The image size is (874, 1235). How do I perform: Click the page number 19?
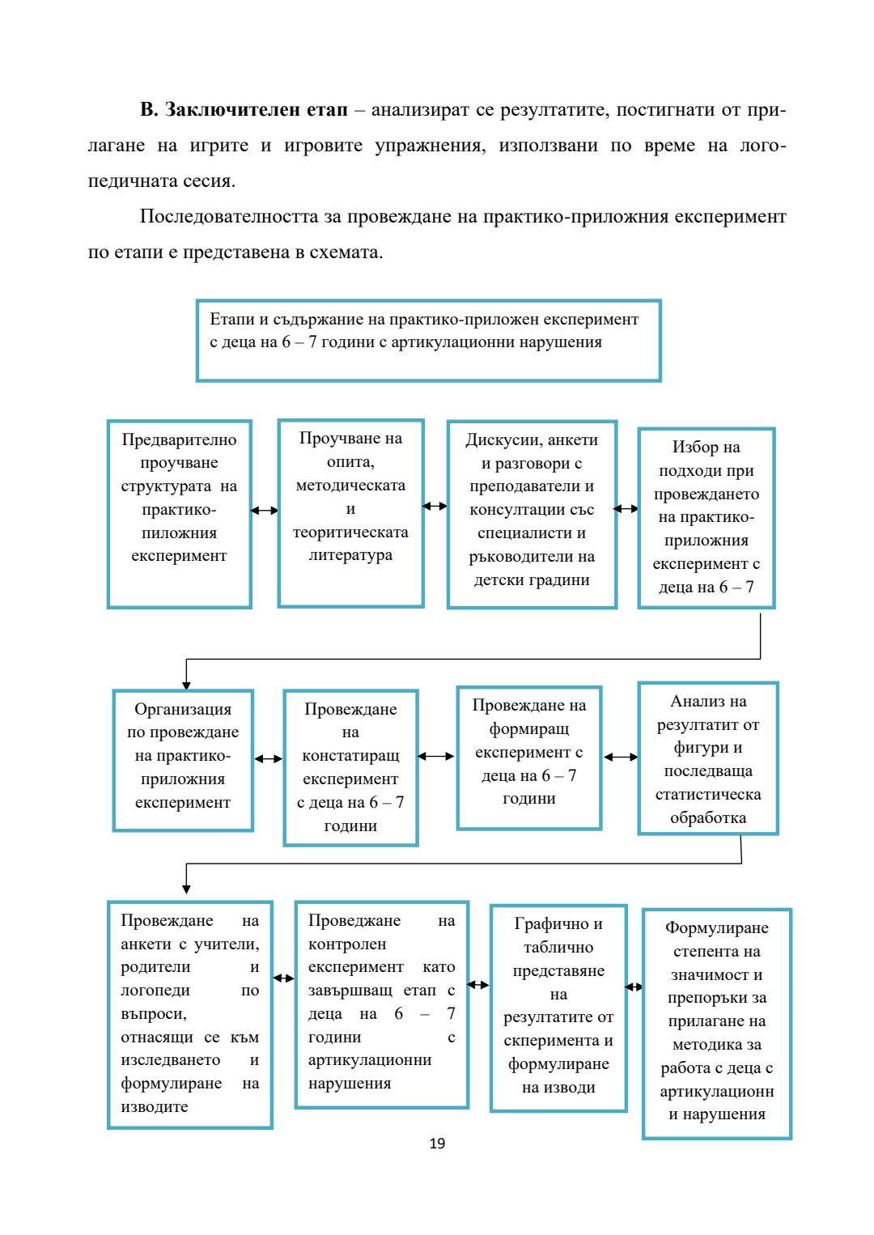437,1143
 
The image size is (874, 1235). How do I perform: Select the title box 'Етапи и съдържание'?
428,340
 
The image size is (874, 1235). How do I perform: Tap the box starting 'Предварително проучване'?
179,513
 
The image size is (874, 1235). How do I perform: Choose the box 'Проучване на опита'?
350,512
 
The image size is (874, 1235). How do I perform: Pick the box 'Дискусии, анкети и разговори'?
532,514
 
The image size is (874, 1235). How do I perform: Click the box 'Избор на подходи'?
706,518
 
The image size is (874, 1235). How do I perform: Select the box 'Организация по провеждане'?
183,760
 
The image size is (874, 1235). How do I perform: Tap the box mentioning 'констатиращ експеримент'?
350,767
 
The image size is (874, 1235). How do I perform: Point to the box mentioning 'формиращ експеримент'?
529,758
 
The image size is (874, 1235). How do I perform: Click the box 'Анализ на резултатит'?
708,758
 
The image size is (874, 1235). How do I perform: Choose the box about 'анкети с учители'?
190,1014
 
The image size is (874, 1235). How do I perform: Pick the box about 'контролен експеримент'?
381,1004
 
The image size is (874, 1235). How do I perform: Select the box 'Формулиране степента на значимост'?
717,1023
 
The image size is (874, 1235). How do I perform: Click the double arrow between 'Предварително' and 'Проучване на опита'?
265,511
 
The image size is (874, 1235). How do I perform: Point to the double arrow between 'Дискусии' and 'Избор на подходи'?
626,509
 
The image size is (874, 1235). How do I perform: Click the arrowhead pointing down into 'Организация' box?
186,685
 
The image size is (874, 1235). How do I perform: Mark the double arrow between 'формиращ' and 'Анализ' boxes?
621,758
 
